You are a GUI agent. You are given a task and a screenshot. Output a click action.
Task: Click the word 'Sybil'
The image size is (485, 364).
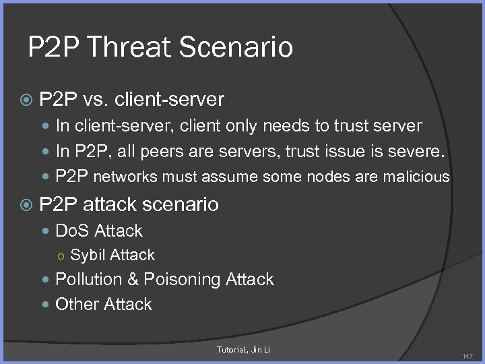[x=88, y=255]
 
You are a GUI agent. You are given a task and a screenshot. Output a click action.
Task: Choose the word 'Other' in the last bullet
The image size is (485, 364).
[x=75, y=304]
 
